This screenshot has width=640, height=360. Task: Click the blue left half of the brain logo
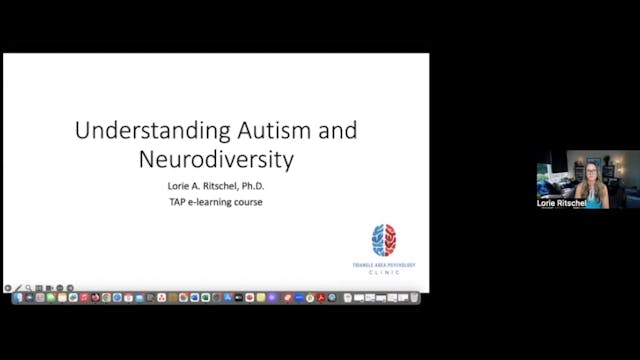click(x=377, y=240)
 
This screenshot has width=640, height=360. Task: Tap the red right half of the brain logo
click(x=390, y=240)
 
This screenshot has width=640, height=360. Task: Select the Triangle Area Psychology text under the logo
click(x=383, y=263)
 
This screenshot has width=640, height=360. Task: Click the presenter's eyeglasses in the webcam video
click(x=591, y=173)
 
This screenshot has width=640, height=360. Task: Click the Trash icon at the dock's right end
click(x=413, y=298)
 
